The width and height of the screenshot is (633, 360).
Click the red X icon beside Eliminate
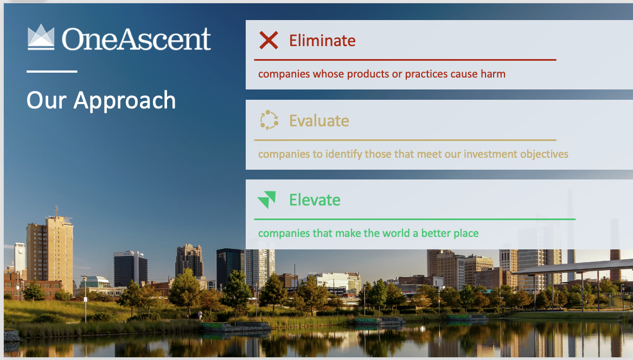point(268,40)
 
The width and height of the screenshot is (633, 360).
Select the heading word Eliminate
point(322,41)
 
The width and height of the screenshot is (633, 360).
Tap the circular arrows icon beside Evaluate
point(269,120)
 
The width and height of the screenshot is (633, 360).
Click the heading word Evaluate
point(319,120)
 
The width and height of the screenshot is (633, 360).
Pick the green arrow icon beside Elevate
point(267,200)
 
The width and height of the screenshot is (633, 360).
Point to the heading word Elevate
point(315,200)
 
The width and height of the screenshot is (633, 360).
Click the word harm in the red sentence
point(493,74)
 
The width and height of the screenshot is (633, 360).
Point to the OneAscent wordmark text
point(136,39)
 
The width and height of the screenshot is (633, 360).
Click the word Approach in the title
point(125,101)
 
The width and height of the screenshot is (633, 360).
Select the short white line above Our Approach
point(52,71)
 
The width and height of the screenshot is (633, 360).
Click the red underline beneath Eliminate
point(405,60)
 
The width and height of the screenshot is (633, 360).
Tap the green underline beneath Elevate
point(414,219)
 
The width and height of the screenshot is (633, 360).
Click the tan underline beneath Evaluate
point(405,140)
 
